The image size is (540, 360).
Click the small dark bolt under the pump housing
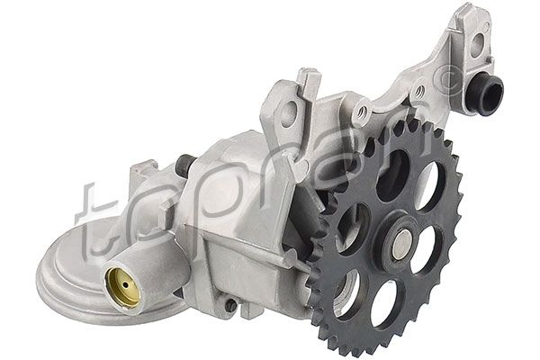[x=231, y=306]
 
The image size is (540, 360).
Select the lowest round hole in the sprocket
[x=384, y=301]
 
